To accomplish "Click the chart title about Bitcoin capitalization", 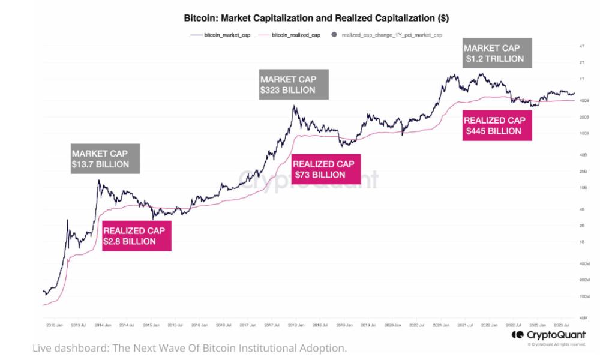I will (x=316, y=19).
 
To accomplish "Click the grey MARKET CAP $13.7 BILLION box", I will (x=105, y=159).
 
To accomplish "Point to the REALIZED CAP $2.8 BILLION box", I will (x=137, y=236).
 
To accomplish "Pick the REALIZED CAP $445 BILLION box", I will (x=498, y=125).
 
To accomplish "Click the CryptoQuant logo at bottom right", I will (x=547, y=335).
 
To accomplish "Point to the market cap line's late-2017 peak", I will (x=294, y=106).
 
